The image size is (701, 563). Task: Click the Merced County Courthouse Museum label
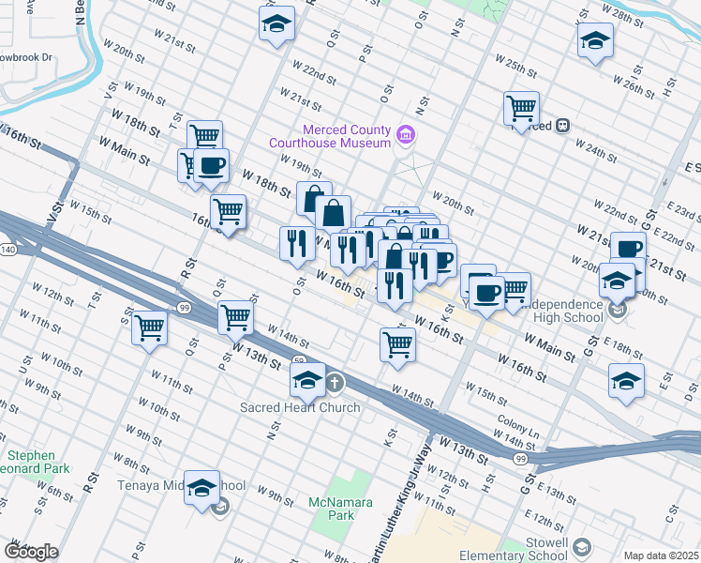point(329,136)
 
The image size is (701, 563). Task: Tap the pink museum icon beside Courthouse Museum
point(405,135)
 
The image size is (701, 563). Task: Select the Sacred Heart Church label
point(300,407)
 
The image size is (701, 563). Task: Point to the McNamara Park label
point(331,509)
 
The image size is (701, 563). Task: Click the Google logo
point(31,552)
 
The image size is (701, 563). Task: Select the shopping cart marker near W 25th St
point(521,107)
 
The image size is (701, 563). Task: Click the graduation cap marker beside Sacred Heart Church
point(307,379)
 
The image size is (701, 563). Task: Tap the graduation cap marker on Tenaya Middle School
point(201,488)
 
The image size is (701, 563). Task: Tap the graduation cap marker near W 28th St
point(595,40)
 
